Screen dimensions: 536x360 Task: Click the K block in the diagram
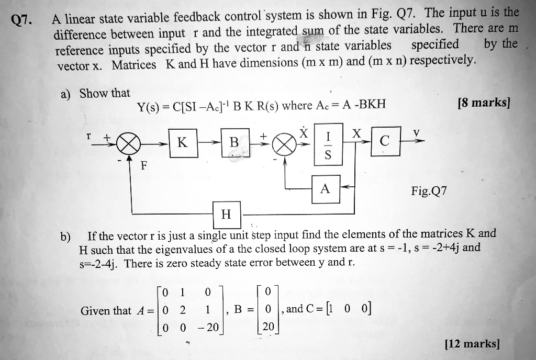coord(183,143)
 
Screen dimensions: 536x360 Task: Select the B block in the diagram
coord(235,142)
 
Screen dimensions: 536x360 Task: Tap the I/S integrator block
coord(328,144)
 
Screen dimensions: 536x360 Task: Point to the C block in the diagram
coord(386,141)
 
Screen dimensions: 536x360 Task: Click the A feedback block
coord(326,189)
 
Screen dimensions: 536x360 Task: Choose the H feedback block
coord(227,215)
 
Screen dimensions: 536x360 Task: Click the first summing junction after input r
coord(129,145)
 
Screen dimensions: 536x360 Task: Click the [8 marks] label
coord(484,102)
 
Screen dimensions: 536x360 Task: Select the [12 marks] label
coord(472,343)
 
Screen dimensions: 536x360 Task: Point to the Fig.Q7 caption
coord(429,191)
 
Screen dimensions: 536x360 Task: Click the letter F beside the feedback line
coord(144,166)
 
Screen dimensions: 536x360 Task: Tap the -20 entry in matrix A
coord(208,327)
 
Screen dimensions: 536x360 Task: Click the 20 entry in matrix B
coord(269,327)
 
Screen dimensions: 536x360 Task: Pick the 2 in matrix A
coord(183,310)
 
